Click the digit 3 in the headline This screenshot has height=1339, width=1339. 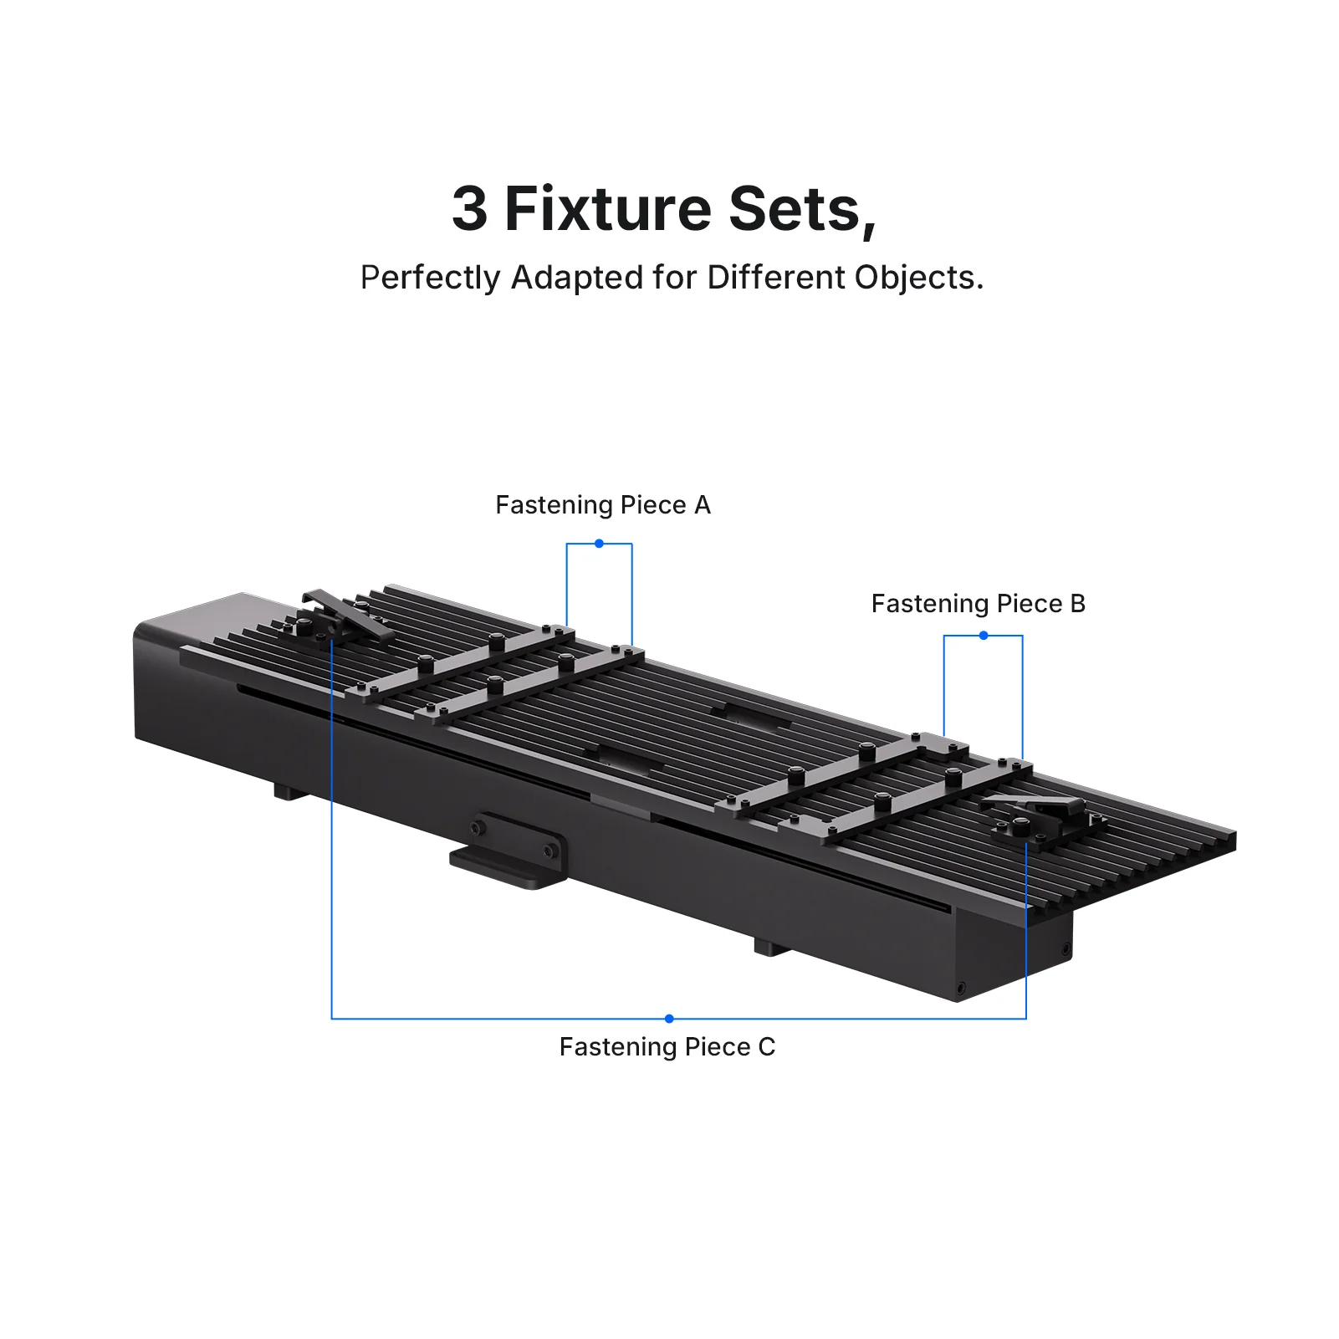pyautogui.click(x=470, y=208)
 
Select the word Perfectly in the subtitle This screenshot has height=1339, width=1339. pyautogui.click(x=430, y=279)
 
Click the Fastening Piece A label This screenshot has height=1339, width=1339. pyautogui.click(x=603, y=505)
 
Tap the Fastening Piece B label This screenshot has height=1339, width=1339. pyautogui.click(x=979, y=604)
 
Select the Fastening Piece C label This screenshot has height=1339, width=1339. pyautogui.click(x=667, y=1047)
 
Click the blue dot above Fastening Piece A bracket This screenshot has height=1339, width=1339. pyautogui.click(x=599, y=544)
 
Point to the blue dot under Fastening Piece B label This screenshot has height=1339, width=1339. pyautogui.click(x=984, y=636)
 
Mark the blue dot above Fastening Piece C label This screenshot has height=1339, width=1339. pyautogui.click(x=669, y=1019)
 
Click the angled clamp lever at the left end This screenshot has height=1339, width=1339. pyautogui.click(x=347, y=615)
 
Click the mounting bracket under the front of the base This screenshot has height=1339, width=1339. pyautogui.click(x=509, y=851)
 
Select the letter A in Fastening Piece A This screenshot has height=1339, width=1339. pyautogui.click(x=702, y=505)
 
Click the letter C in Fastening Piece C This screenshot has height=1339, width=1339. pyautogui.click(x=766, y=1047)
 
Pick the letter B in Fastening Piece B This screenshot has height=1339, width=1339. pyautogui.click(x=1077, y=604)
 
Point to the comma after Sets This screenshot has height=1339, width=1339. pyautogui.click(x=869, y=228)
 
